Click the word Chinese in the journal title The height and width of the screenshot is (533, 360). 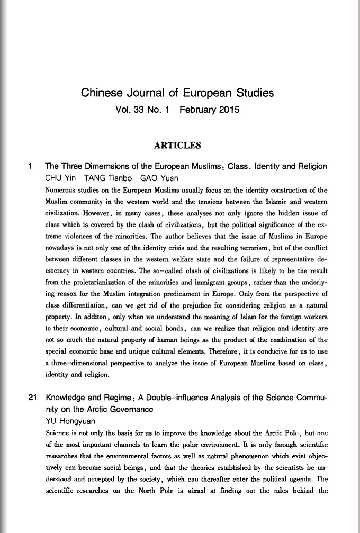tap(100, 94)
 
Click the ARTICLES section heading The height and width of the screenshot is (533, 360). tap(177, 144)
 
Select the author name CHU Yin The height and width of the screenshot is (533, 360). tap(61, 177)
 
